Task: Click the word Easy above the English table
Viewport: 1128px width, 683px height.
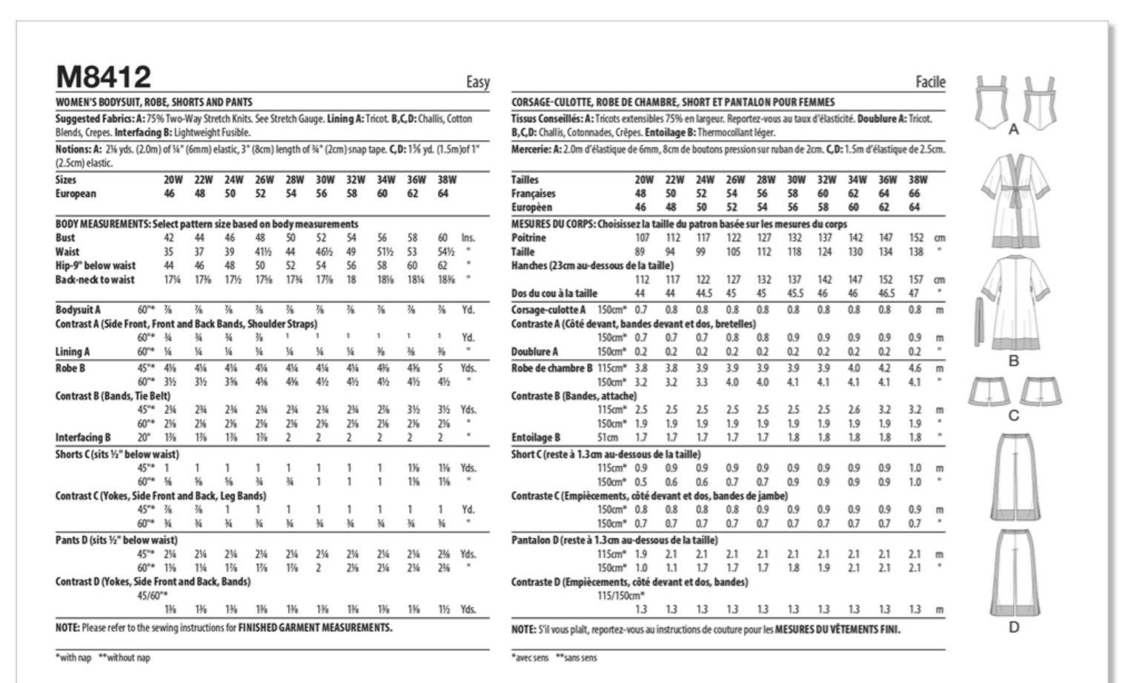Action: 478,82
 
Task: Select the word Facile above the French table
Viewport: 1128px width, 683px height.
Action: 930,82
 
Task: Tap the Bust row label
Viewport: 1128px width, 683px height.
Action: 65,238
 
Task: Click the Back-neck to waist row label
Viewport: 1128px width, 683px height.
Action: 95,280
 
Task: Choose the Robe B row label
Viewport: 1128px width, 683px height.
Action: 70,367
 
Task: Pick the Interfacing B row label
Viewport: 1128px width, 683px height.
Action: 83,438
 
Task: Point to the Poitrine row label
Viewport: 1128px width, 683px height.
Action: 528,238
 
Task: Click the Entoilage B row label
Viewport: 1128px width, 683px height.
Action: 535,438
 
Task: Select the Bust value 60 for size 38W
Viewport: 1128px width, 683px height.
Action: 442,238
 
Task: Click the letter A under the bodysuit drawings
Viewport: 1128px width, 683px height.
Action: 1013,130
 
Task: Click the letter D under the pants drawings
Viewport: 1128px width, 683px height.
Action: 1013,627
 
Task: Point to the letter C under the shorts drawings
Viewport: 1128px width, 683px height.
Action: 1014,416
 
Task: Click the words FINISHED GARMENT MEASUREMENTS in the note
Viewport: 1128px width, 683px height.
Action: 314,627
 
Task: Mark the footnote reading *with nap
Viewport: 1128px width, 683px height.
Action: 75,658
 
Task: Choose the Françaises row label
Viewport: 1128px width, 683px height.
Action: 533,193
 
